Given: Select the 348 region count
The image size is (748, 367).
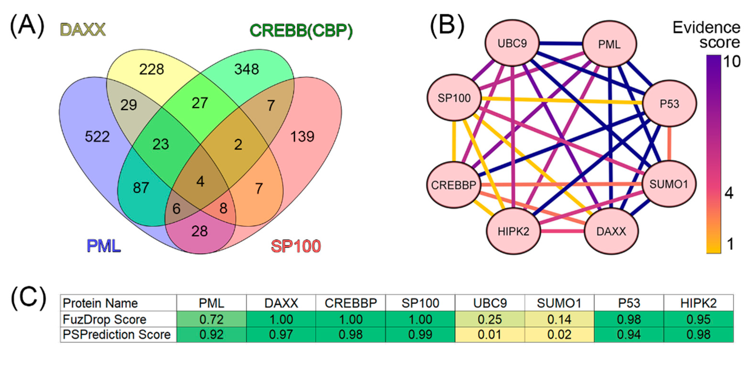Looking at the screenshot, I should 247,69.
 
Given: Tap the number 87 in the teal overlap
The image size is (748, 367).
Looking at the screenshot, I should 141,188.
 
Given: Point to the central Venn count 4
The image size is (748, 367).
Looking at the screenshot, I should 200,181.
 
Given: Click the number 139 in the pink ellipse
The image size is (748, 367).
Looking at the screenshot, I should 302,136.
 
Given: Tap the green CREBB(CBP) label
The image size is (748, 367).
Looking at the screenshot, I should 301,31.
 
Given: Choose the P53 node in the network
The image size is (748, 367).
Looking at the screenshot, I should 669,104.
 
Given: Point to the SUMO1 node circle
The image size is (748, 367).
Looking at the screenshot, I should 668,184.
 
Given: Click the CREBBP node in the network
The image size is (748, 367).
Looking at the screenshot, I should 454,185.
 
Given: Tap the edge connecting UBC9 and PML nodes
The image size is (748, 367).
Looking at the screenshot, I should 561,44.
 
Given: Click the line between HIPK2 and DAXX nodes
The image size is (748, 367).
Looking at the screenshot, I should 562,232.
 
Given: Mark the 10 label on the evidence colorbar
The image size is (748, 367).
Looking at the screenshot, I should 732,62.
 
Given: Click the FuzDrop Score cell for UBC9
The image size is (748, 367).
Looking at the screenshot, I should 489,319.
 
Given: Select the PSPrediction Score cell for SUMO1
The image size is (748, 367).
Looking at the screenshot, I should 559,334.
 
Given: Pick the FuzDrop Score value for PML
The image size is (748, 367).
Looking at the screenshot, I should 211,319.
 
